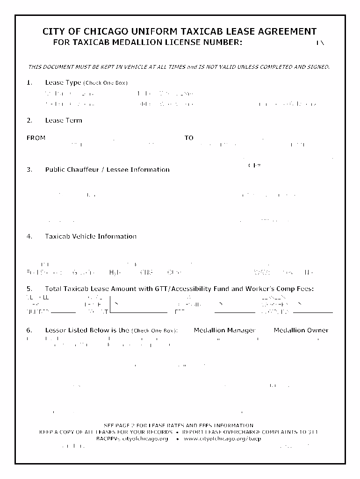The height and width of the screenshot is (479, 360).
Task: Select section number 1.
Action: tap(29, 82)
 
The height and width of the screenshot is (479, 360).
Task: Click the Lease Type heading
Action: tap(63, 82)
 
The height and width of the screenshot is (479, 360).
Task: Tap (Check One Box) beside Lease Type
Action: tap(105, 83)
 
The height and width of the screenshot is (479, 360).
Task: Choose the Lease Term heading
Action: tap(64, 120)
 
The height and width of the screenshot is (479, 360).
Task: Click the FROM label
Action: tap(36, 138)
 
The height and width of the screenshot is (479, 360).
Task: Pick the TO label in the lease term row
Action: tap(189, 138)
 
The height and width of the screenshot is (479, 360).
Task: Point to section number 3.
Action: tap(29, 169)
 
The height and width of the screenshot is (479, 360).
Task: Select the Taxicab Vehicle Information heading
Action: tap(91, 236)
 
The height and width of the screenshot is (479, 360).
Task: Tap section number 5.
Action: tap(29, 289)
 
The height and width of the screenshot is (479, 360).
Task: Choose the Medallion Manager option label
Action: tap(224, 330)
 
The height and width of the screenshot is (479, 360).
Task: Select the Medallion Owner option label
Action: tap(301, 330)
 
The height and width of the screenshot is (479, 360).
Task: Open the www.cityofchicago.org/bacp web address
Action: tap(222, 439)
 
